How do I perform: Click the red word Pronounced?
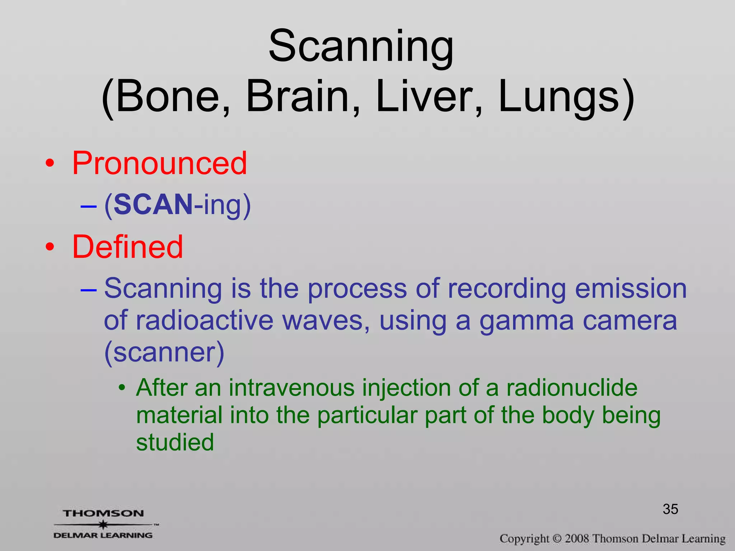coord(160,164)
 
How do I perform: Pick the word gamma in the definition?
coord(526,321)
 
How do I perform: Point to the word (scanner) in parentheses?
coord(164,352)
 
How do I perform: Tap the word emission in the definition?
coord(631,288)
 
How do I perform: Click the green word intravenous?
coord(292,388)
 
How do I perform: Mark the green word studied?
coord(175,442)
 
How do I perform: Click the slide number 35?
coord(670,509)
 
